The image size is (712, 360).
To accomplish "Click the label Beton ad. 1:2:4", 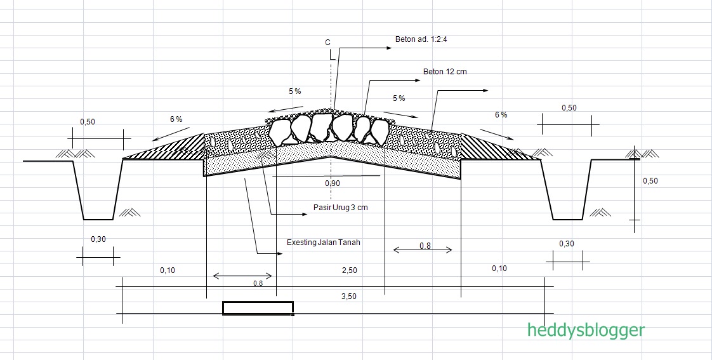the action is [x=421, y=39].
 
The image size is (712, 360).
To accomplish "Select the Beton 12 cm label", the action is [x=445, y=71].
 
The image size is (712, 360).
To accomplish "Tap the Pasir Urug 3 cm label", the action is [x=341, y=207].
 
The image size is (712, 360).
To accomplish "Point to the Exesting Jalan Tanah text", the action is [x=323, y=243].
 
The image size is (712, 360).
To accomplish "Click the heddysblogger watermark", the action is [x=586, y=330].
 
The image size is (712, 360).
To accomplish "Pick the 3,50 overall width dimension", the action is [x=349, y=297].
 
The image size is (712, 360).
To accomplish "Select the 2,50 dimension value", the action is [x=349, y=270].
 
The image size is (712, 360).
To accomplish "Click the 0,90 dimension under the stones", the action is [x=333, y=183].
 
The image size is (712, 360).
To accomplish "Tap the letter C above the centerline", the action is [x=328, y=43].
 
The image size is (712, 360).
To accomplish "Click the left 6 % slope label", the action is [x=176, y=119].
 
